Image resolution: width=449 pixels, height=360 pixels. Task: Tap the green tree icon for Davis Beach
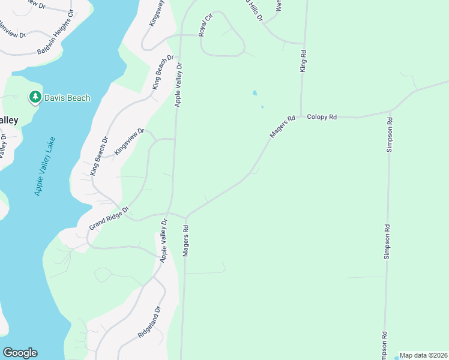[35, 97]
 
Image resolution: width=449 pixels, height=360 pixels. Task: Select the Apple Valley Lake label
[45, 167]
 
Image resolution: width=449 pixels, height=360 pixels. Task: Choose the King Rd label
[303, 61]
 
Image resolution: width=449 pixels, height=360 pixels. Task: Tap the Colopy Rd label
[322, 117]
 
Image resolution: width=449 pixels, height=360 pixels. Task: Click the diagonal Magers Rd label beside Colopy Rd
[283, 127]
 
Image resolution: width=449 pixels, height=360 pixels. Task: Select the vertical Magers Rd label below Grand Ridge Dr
[186, 241]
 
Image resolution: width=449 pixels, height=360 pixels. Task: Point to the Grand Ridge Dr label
[109, 218]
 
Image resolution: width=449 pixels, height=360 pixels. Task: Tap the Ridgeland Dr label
[149, 323]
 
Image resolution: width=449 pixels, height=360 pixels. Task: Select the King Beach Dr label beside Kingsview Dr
[99, 157]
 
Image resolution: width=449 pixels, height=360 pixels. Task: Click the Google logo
[20, 353]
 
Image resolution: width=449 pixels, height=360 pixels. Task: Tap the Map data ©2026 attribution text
[424, 355]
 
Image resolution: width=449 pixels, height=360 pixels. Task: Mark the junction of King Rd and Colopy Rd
[301, 117]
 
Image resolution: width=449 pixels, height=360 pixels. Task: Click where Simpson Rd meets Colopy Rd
[391, 111]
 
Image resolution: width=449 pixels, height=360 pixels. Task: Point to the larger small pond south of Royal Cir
[255, 94]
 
